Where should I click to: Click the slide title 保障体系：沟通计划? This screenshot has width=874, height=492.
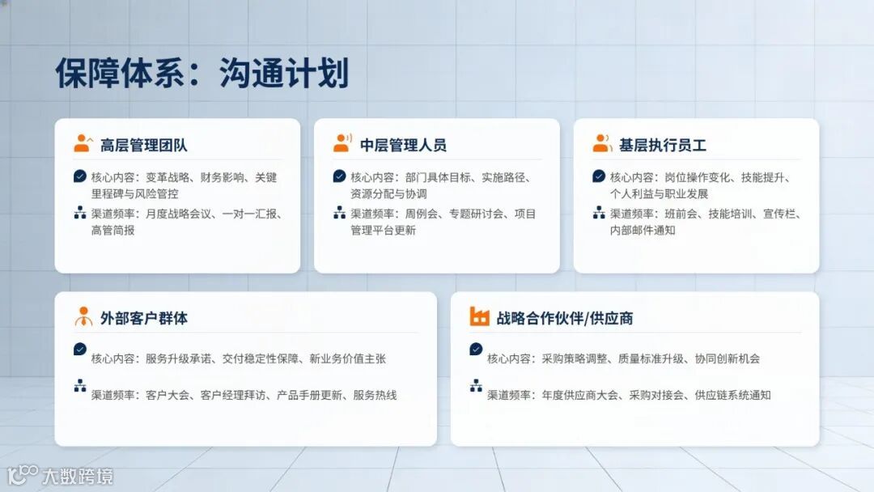tap(202, 74)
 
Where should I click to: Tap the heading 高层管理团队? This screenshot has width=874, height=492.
tap(143, 146)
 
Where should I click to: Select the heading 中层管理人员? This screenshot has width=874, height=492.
tap(403, 146)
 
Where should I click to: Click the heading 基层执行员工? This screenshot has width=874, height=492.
tap(662, 146)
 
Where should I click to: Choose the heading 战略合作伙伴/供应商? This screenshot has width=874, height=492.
tap(564, 318)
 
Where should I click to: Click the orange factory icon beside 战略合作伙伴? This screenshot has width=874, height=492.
tap(479, 316)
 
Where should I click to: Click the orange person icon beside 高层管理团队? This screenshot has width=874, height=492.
tap(83, 144)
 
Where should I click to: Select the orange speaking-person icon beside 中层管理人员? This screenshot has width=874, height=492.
tap(342, 144)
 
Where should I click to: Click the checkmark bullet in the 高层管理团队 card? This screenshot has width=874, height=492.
tap(79, 176)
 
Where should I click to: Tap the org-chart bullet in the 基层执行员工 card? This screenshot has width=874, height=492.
tap(599, 213)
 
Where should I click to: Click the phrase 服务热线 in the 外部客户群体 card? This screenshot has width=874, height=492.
tap(375, 396)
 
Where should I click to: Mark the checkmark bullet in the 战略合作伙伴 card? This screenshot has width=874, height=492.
tap(476, 349)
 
